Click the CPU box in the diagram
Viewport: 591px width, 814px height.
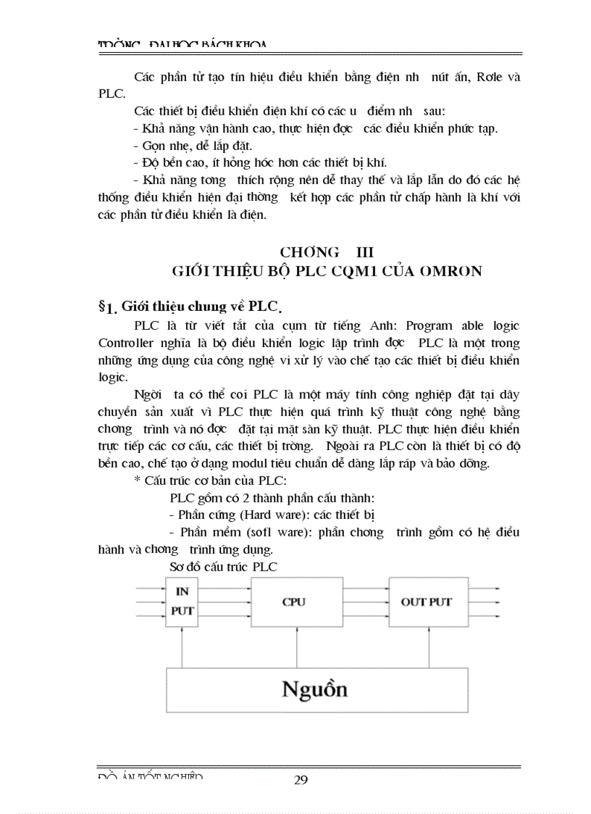[x=293, y=602]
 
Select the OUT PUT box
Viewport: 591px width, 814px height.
[x=426, y=602]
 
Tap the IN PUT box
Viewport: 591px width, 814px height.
[x=182, y=601]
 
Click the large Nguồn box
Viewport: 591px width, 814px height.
[x=315, y=689]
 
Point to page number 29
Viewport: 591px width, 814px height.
[x=301, y=780]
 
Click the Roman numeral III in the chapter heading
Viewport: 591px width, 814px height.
[x=362, y=252]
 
